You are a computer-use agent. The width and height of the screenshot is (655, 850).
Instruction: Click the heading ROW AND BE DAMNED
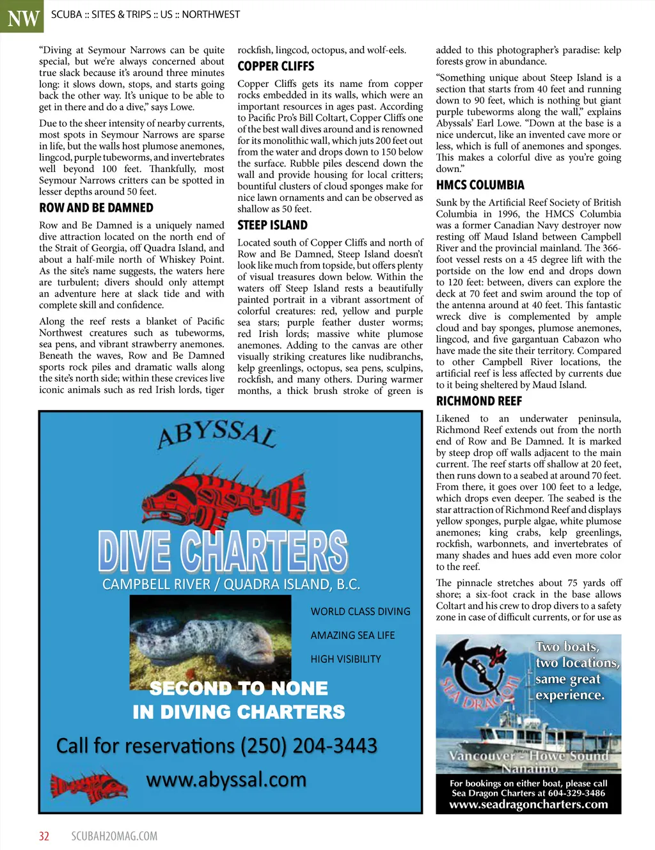(96, 208)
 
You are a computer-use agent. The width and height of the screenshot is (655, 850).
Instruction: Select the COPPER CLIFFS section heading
(276, 67)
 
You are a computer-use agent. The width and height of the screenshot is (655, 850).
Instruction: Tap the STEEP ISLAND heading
(272, 225)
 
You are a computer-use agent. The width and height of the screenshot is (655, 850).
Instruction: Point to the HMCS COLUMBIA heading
(480, 185)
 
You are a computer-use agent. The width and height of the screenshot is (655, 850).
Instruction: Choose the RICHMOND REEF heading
(478, 402)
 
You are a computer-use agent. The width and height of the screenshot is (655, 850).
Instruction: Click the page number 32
(44, 836)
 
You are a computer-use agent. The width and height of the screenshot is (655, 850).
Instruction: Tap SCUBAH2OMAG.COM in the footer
(114, 836)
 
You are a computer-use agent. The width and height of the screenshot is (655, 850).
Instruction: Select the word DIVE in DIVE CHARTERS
(134, 551)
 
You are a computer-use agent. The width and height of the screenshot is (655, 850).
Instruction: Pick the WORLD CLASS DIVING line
(360, 611)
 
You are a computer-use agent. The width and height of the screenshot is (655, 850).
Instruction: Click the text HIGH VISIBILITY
(345, 659)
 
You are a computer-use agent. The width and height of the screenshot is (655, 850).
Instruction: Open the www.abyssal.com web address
(226, 780)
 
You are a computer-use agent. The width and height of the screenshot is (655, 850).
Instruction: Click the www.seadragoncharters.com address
(528, 805)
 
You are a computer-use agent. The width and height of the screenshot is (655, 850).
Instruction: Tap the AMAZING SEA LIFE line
(352, 635)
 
